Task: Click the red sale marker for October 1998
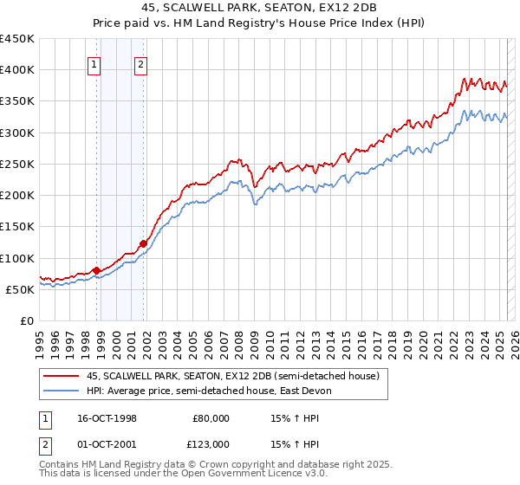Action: coord(96,270)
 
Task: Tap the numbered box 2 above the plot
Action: coord(140,62)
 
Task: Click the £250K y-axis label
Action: coord(17,164)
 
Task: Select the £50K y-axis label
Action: coord(21,289)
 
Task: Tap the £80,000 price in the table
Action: coord(211,418)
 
